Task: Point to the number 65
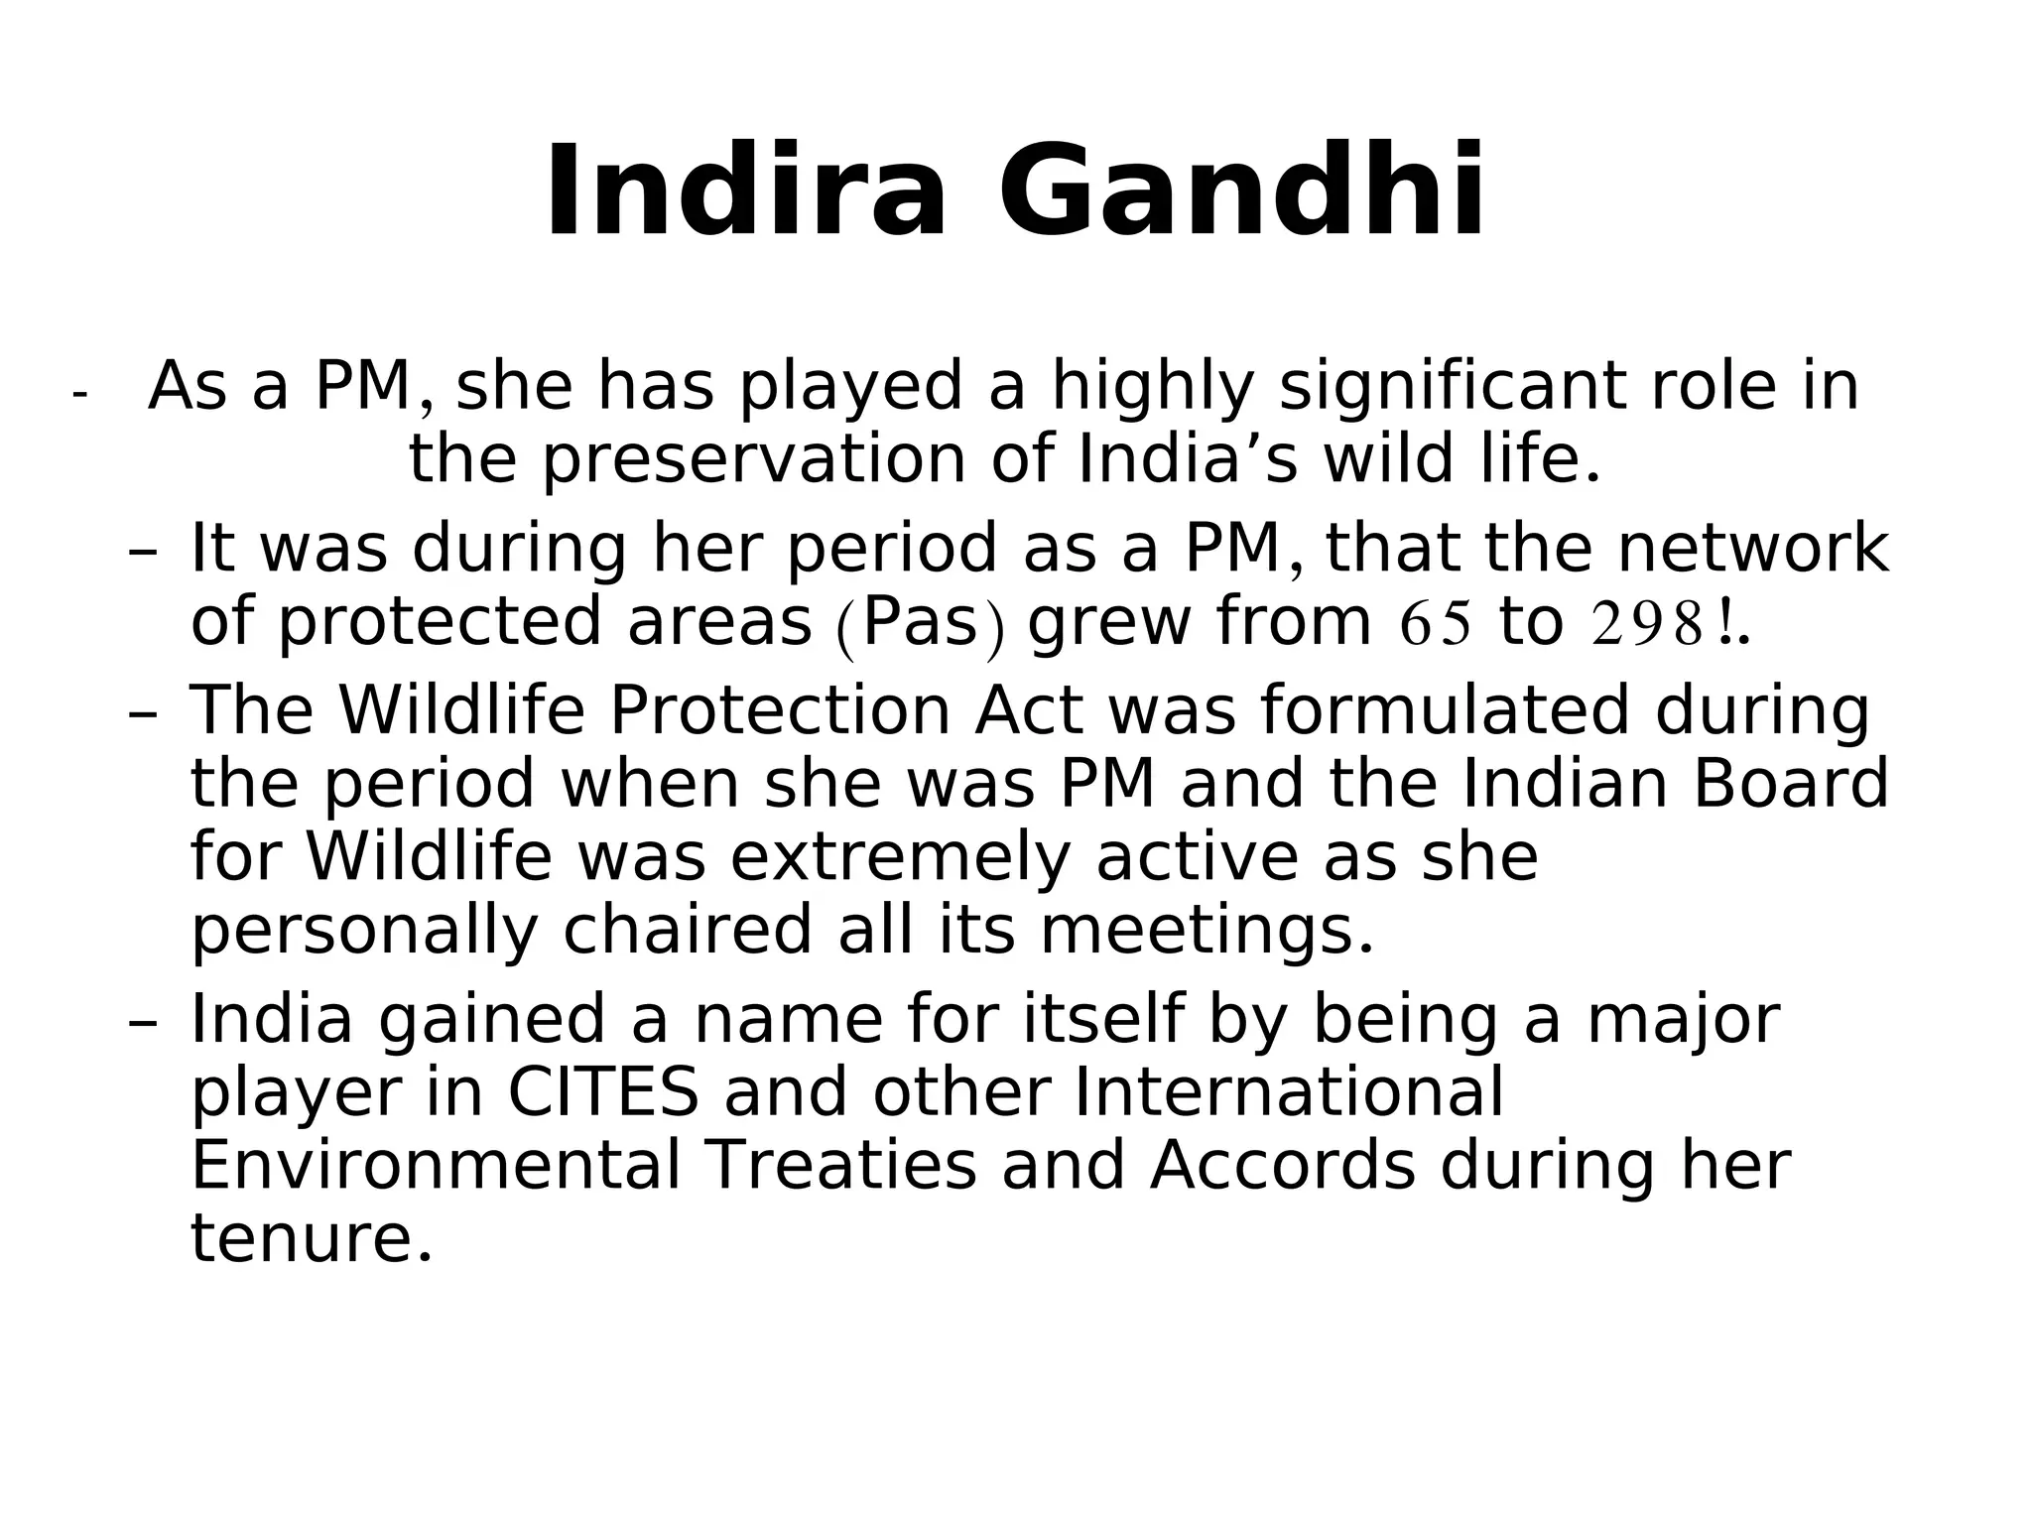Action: pyautogui.click(x=1435, y=624)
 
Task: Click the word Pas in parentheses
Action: pyautogui.click(x=921, y=623)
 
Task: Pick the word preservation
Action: pyautogui.click(x=754, y=461)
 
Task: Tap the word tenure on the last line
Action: pyautogui.click(x=311, y=1240)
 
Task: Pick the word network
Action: pyautogui.click(x=1752, y=549)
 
